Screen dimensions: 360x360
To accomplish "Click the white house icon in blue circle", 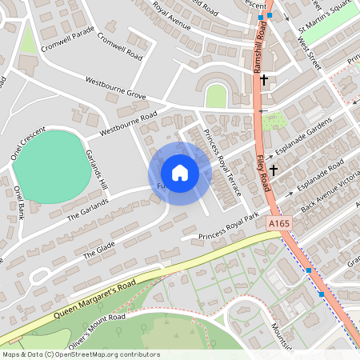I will pyautogui.click(x=180, y=173).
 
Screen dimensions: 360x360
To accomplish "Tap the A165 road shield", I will pyautogui.click(x=280, y=224).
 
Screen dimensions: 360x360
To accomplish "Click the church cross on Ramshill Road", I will pyautogui.click(x=262, y=79).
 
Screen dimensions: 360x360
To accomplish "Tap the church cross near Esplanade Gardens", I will pyautogui.click(x=274, y=170).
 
